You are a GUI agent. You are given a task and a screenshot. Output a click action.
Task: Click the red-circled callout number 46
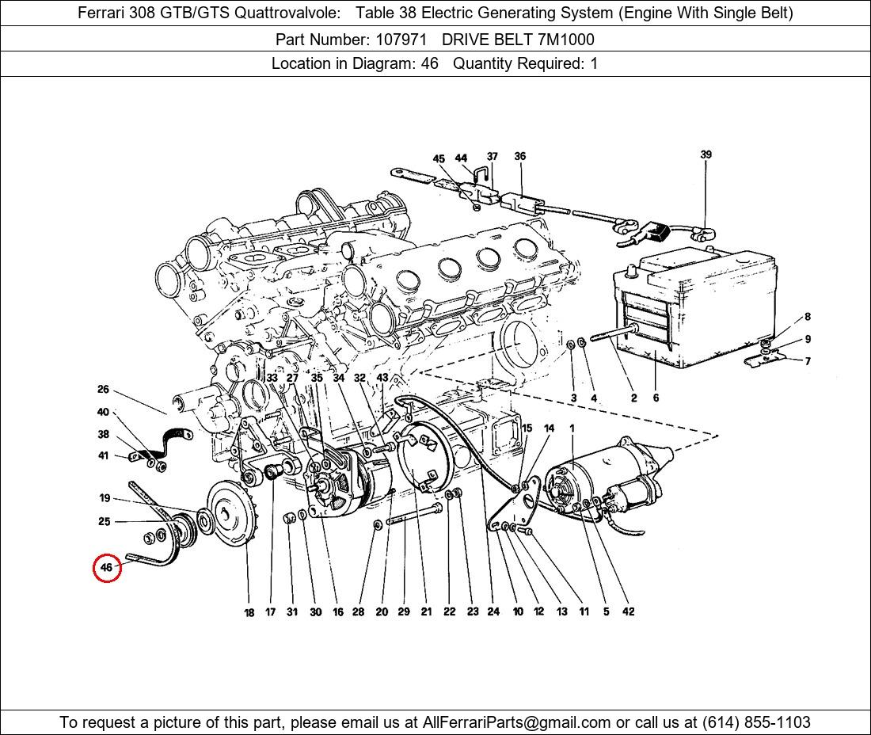pos(106,567)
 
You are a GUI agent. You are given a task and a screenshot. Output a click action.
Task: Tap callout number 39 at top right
pos(706,154)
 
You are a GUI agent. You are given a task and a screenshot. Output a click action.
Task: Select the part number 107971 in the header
pos(396,39)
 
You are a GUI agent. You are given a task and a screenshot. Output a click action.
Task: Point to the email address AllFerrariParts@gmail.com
pos(517,722)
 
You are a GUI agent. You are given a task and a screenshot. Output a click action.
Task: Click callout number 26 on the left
pos(103,390)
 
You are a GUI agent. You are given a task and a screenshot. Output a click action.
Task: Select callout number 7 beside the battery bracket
pos(807,361)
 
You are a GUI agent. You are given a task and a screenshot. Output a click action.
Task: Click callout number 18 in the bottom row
pos(249,612)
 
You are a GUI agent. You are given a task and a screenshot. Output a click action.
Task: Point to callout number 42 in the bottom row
pos(628,611)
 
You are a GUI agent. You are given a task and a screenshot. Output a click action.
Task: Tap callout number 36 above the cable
pos(519,156)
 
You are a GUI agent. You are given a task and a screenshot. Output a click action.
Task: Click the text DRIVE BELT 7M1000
pos(518,39)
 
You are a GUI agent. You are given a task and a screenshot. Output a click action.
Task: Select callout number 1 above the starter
pos(572,428)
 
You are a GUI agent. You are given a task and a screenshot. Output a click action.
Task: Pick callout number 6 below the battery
pos(656,398)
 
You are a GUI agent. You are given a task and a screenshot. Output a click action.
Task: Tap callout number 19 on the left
pos(105,498)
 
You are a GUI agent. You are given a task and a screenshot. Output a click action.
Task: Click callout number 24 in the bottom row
pos(493,611)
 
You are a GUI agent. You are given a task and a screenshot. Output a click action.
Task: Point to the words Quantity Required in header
pos(519,64)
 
